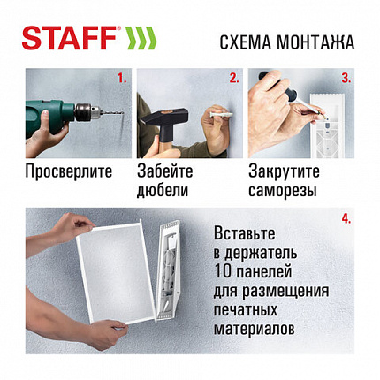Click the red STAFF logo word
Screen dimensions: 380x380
(70, 39)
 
